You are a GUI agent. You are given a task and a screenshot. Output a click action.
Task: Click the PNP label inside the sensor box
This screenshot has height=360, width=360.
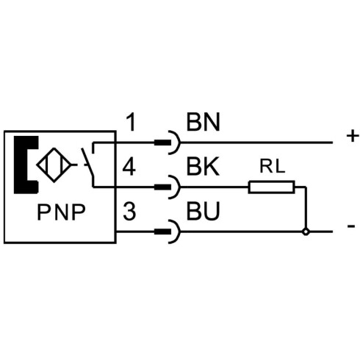(61, 212)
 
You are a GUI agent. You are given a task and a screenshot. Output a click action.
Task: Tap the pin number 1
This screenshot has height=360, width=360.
(132, 122)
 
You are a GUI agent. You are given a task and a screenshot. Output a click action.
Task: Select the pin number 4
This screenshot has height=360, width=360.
(129, 167)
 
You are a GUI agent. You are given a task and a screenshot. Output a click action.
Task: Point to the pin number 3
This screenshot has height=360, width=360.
(129, 211)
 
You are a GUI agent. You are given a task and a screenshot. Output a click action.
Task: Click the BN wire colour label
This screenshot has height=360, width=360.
(204, 122)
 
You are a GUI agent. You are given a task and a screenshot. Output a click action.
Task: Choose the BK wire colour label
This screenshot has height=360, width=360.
(203, 167)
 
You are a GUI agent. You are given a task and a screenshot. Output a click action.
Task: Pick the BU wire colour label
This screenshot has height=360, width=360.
(203, 211)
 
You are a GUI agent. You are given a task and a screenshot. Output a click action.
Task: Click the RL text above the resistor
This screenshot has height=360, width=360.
(273, 167)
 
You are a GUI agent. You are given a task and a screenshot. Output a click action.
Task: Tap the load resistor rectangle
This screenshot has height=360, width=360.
(271, 187)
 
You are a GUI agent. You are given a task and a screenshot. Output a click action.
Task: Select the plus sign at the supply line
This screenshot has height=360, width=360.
(353, 136)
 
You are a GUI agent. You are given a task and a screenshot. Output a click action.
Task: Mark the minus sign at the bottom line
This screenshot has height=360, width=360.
(351, 226)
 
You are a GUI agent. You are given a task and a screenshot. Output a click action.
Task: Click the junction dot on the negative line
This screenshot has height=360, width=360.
(306, 231)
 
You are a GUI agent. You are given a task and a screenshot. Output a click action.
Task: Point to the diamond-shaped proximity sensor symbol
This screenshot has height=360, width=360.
(54, 165)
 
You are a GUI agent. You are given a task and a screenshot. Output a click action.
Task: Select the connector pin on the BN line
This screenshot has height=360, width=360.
(162, 143)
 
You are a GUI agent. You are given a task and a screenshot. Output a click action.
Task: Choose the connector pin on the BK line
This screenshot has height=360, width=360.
(162, 187)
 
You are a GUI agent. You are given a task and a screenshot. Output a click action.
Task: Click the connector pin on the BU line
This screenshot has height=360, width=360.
(162, 231)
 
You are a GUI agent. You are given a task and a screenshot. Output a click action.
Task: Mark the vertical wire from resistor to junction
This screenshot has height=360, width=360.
(306, 208)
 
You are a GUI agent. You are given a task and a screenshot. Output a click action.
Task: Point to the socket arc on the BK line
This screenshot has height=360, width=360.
(179, 187)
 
